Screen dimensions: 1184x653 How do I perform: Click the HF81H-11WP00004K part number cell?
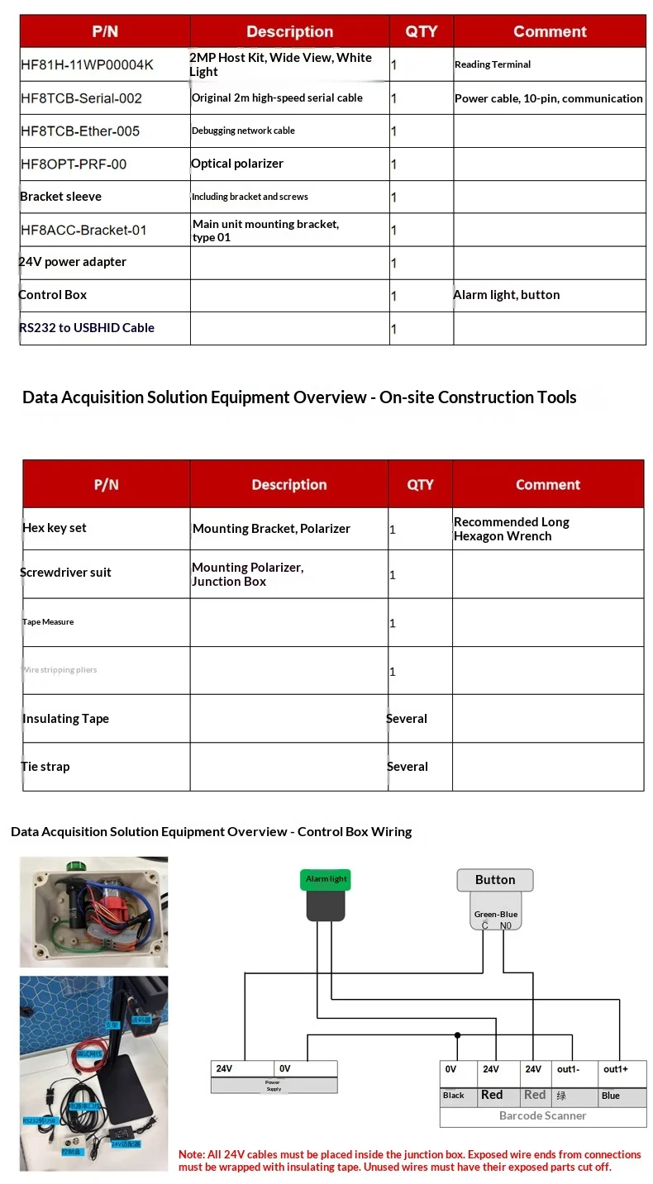(x=87, y=64)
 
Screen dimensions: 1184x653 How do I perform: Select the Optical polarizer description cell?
(x=237, y=164)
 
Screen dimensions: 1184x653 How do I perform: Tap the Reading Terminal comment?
(x=493, y=64)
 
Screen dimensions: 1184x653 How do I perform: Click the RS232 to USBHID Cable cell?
(x=87, y=328)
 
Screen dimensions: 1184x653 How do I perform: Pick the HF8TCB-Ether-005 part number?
(x=80, y=131)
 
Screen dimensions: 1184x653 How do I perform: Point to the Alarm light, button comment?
(x=507, y=295)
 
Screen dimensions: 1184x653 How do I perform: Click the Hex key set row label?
(x=55, y=528)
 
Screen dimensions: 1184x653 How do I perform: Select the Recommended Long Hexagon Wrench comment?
(x=511, y=529)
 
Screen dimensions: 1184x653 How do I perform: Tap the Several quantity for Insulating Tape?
(x=407, y=719)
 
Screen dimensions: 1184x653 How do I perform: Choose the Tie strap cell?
(x=45, y=767)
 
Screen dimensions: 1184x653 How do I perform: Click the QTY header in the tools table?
(x=420, y=484)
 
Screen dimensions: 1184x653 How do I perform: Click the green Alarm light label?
(x=326, y=879)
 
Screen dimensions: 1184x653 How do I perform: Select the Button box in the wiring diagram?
(x=495, y=880)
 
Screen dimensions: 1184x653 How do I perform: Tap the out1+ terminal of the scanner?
(x=616, y=1069)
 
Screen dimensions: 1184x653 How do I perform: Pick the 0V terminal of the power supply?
(x=285, y=1068)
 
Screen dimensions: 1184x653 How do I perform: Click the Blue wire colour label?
(x=611, y=1096)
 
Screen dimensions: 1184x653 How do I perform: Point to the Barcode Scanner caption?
(x=542, y=1115)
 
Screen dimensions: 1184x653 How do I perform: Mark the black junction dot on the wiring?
(x=457, y=1034)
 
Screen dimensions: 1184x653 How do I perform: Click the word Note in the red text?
(x=192, y=1154)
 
